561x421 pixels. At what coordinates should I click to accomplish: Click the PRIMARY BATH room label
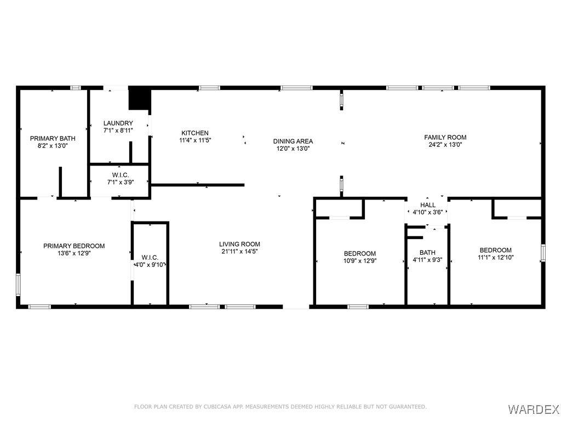(53, 139)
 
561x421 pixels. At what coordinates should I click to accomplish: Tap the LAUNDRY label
(118, 123)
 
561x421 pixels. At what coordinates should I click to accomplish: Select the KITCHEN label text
(195, 133)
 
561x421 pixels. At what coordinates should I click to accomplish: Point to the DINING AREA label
(293, 141)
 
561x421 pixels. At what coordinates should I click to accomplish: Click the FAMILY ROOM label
(445, 137)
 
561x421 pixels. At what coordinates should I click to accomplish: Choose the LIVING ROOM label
(240, 244)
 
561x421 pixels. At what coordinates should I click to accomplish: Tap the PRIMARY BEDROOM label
(74, 246)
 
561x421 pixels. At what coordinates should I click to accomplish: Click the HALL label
(428, 205)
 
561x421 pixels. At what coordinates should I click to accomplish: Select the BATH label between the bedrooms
(427, 252)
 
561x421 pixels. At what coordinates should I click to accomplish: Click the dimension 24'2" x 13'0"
(445, 145)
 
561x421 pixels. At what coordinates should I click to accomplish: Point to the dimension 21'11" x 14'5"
(240, 251)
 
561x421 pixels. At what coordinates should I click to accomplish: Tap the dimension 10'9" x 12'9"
(360, 260)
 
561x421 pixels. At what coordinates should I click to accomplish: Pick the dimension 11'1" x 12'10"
(495, 257)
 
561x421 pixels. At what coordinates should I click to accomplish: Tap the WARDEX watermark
(533, 409)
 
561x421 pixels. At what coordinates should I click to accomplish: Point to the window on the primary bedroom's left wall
(18, 285)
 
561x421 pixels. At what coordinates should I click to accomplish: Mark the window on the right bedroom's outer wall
(543, 253)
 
